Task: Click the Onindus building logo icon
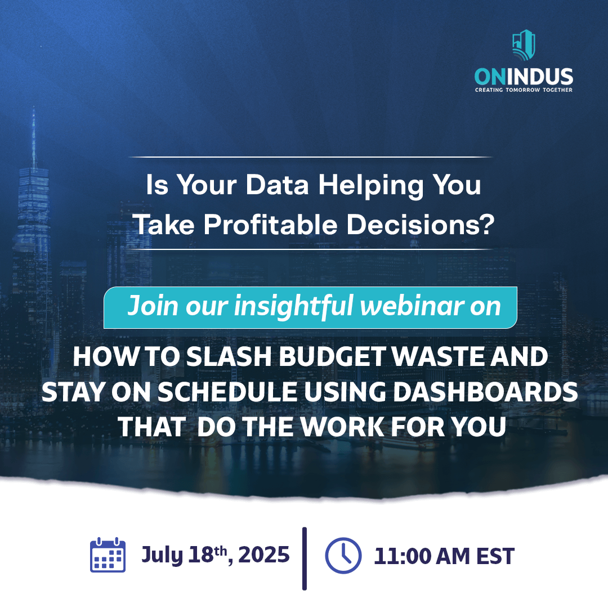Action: [x=524, y=45]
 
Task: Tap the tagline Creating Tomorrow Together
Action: [x=524, y=90]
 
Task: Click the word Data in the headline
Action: [x=277, y=185]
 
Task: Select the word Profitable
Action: [x=271, y=225]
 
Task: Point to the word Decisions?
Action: [x=421, y=225]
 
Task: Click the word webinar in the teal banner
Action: [x=412, y=306]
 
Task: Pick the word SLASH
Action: [x=229, y=356]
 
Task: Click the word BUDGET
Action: [x=333, y=356]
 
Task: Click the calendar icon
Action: [x=108, y=555]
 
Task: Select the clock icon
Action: [x=343, y=556]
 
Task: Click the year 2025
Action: [x=263, y=555]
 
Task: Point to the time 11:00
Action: [x=403, y=556]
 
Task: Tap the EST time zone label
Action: [x=495, y=556]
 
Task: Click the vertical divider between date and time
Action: [x=305, y=558]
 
